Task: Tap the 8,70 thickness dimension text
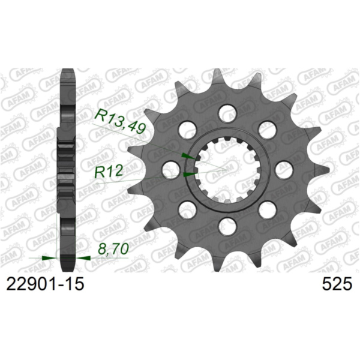click(113, 248)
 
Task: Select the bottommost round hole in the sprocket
click(227, 226)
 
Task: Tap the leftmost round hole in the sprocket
click(170, 169)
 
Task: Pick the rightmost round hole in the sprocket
click(284, 169)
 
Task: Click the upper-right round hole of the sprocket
click(267, 129)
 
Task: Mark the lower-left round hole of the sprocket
click(187, 209)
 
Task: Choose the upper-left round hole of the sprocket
click(187, 129)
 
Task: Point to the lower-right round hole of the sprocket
click(267, 209)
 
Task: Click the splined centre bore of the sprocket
click(227, 169)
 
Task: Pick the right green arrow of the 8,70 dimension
click(82, 257)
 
